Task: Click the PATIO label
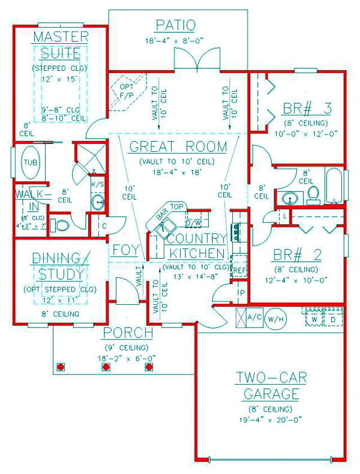click(x=175, y=25)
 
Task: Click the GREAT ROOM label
click(x=178, y=146)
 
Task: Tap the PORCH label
click(x=127, y=333)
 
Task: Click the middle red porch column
click(x=104, y=366)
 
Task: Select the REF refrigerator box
click(x=239, y=270)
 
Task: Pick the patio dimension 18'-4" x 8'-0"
click(x=175, y=41)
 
